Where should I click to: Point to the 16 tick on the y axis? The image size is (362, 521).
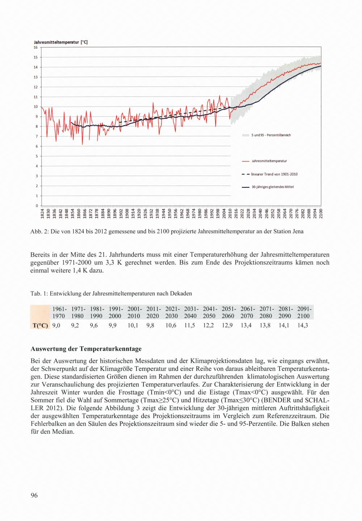point(35,47)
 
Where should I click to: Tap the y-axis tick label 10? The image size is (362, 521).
point(35,107)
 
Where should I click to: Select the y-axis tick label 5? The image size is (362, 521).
point(36,156)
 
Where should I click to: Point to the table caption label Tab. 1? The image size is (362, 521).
point(39,293)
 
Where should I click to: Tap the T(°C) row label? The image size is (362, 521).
point(40,325)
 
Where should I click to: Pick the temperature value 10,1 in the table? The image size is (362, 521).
point(133,325)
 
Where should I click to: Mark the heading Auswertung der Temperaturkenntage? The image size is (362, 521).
point(86,349)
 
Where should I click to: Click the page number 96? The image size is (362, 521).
point(34,496)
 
